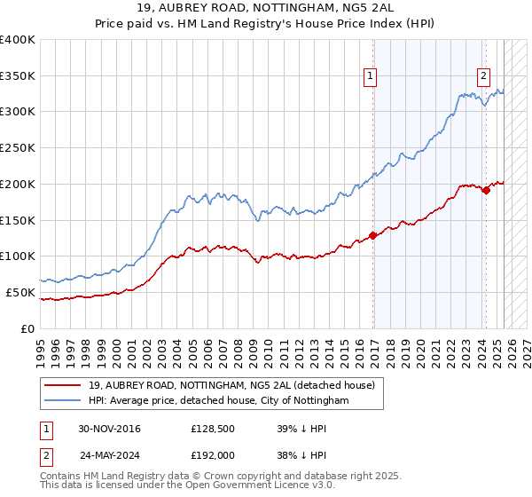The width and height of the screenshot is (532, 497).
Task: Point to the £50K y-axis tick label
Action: [21, 292]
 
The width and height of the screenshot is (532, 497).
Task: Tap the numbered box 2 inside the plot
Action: [484, 76]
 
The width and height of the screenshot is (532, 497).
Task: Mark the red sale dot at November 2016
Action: [373, 235]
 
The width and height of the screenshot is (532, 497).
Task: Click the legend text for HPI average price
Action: [219, 401]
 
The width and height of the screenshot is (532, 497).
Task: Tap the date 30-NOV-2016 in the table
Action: [109, 429]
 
